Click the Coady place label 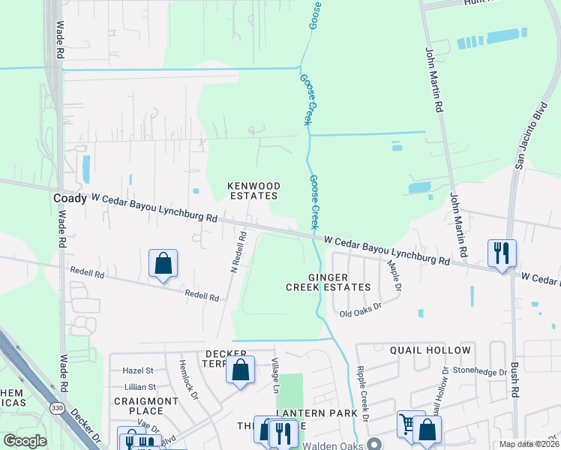click(x=70, y=198)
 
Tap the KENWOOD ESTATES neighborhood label click(x=254, y=190)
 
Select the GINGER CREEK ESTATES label click(x=328, y=282)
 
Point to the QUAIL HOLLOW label click(x=430, y=350)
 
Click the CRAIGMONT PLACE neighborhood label click(x=147, y=406)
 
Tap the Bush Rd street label click(x=515, y=380)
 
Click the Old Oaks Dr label click(x=361, y=310)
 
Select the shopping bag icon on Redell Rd click(x=163, y=263)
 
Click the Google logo click(x=25, y=441)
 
